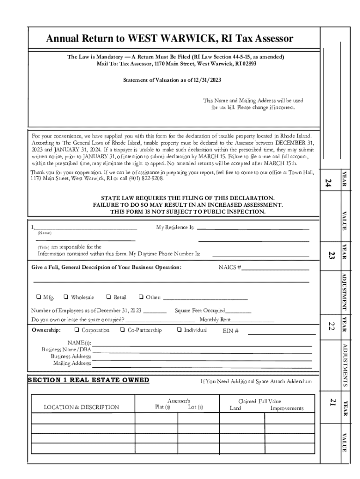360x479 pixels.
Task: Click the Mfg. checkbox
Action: click(x=38, y=297)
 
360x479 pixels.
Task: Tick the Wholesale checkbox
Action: click(x=66, y=297)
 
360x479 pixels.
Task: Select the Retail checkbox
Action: click(x=108, y=297)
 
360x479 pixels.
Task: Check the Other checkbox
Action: click(x=141, y=297)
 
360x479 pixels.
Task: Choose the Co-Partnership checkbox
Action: click(x=122, y=330)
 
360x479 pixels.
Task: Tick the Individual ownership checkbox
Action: click(x=179, y=330)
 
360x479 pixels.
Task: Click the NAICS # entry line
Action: click(x=275, y=269)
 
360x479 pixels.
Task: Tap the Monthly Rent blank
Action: click(x=252, y=320)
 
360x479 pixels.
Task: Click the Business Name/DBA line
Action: click(x=202, y=350)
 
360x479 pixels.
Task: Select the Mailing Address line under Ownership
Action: click(x=202, y=364)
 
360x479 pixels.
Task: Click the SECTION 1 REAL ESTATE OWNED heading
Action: click(x=88, y=380)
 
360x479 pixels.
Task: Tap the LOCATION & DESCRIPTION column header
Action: click(x=81, y=407)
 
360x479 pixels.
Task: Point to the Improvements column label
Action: click(x=287, y=408)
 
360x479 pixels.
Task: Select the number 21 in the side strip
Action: click(x=332, y=402)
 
